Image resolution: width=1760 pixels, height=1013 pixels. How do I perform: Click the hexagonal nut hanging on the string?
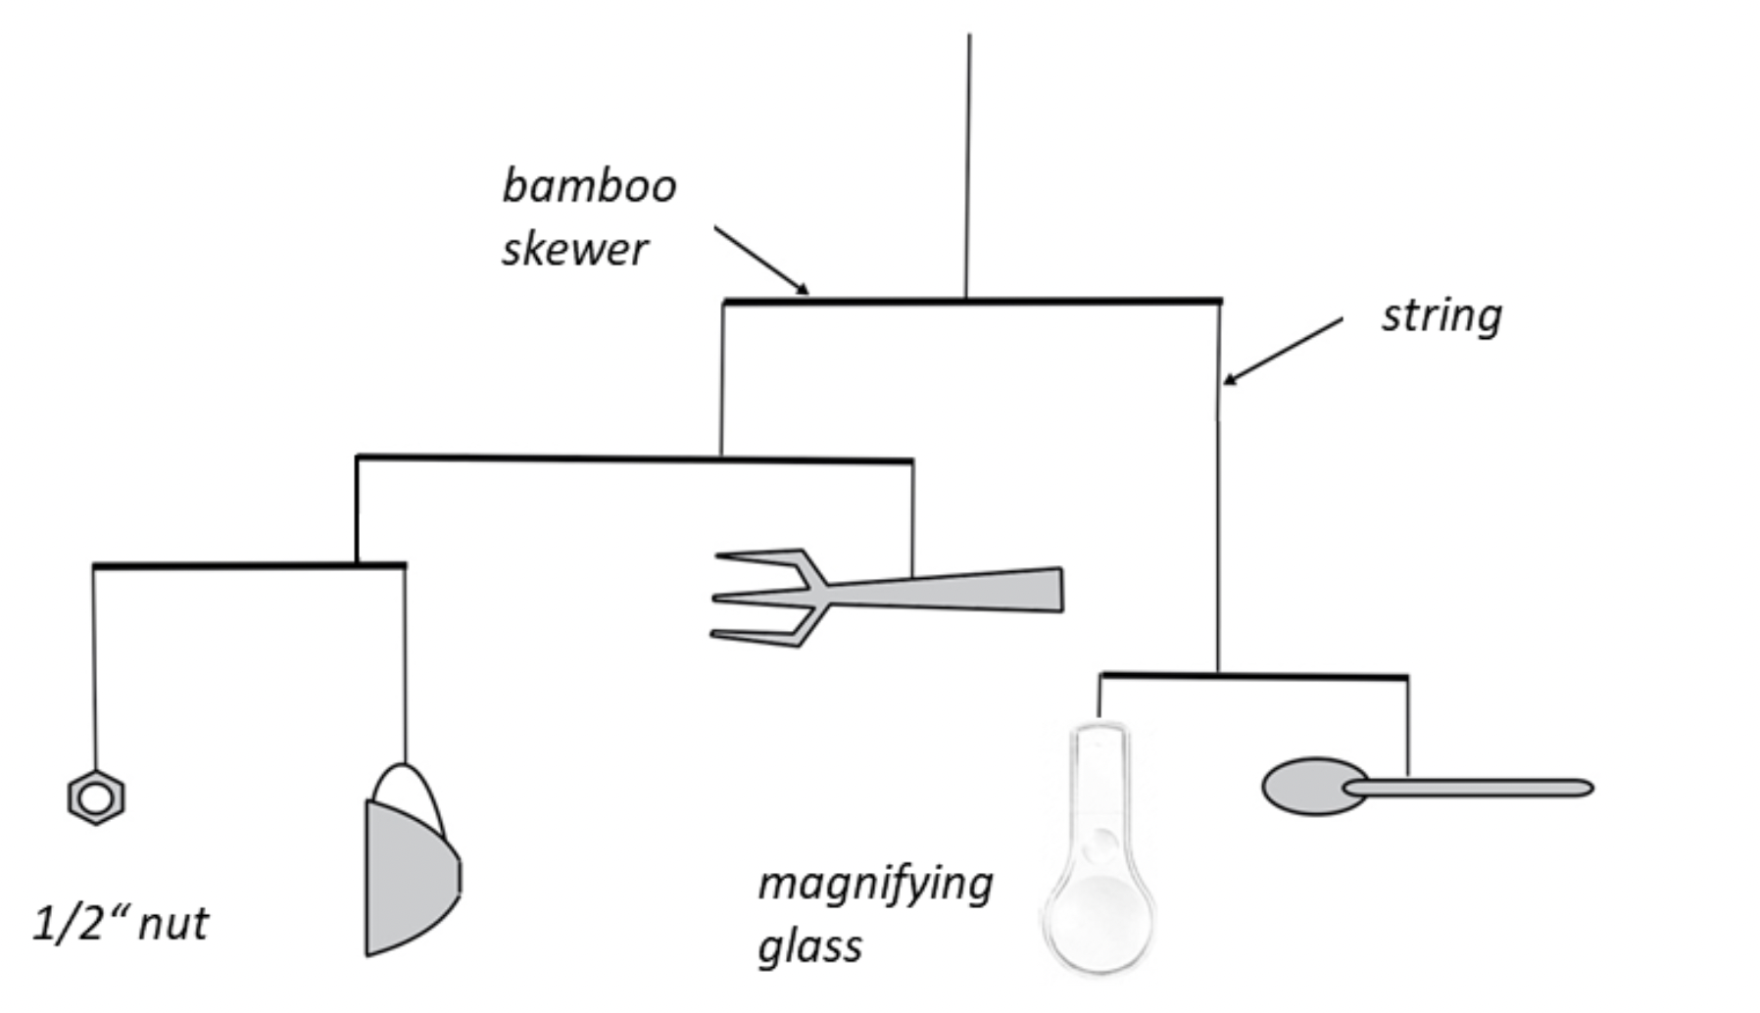96,797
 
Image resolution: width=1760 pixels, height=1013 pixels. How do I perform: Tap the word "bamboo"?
589,186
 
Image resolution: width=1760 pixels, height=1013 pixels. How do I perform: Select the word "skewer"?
574,249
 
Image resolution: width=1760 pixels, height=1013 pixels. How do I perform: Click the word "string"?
1442,316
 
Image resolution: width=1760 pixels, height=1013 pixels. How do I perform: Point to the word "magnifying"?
875,885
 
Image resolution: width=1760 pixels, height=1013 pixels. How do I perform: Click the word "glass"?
810,947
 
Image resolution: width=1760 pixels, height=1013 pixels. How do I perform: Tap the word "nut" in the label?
174,924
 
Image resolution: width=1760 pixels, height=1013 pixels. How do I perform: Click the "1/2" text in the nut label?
69,924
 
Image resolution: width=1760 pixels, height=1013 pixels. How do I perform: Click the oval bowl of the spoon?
1308,786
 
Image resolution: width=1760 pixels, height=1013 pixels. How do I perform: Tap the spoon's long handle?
1480,788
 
